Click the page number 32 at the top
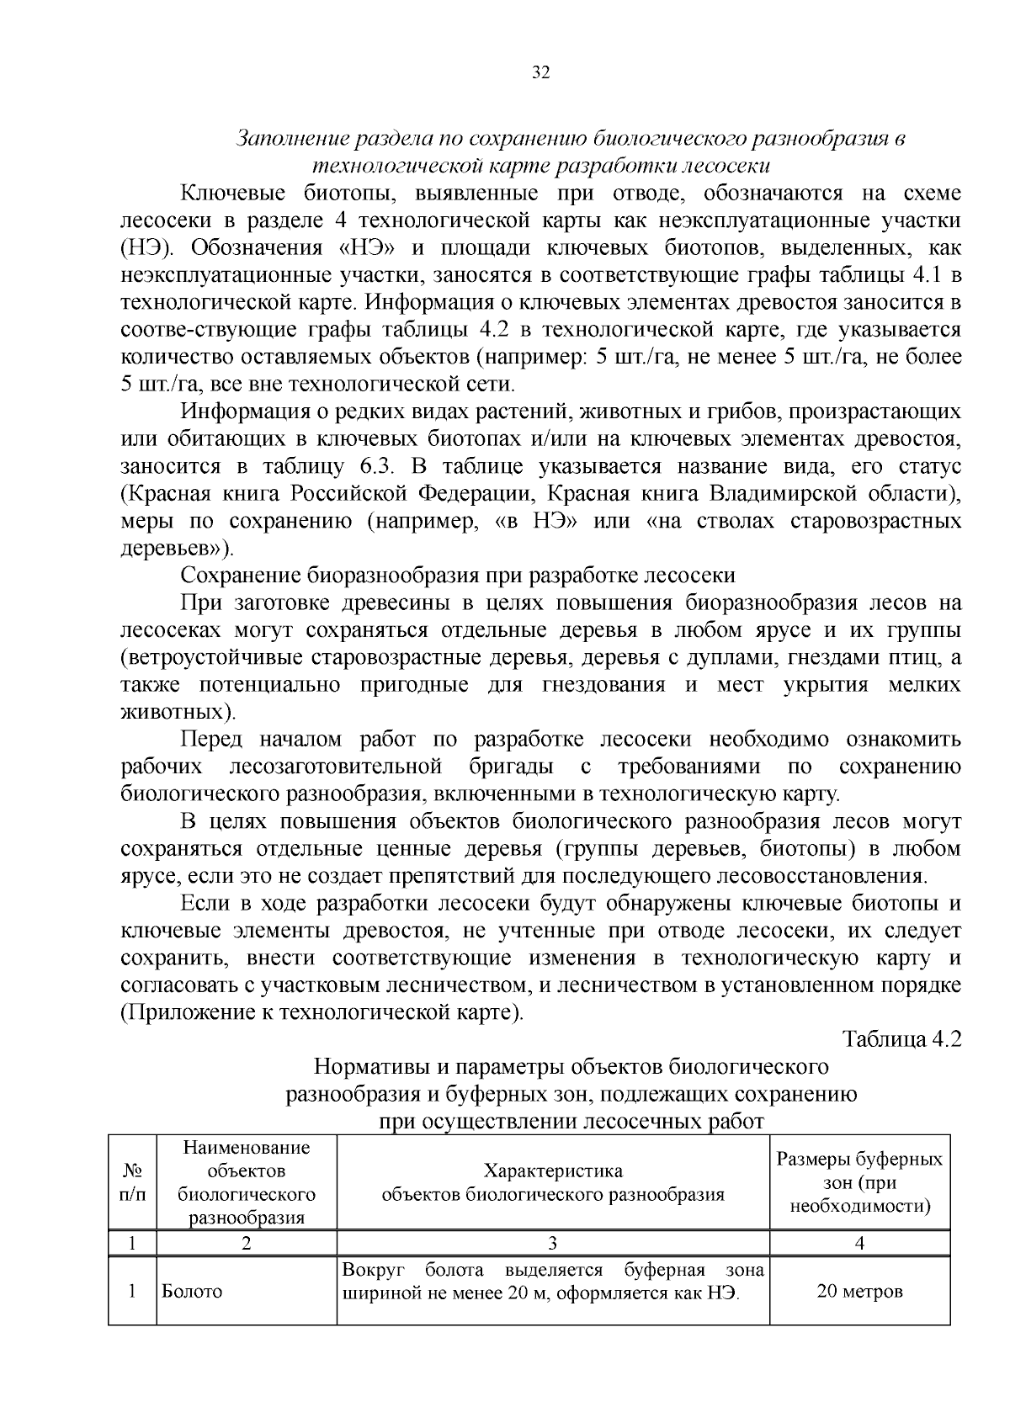pos(540,72)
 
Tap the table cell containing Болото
pos(192,1292)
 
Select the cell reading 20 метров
pos(859,1292)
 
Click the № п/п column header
pos(132,1182)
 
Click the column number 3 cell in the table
pos(553,1244)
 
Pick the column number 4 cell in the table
pos(859,1244)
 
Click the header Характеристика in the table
pos(553,1171)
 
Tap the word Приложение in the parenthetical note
pos(186,1011)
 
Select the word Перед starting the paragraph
pos(211,740)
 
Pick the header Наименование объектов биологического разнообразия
pos(247,1182)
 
